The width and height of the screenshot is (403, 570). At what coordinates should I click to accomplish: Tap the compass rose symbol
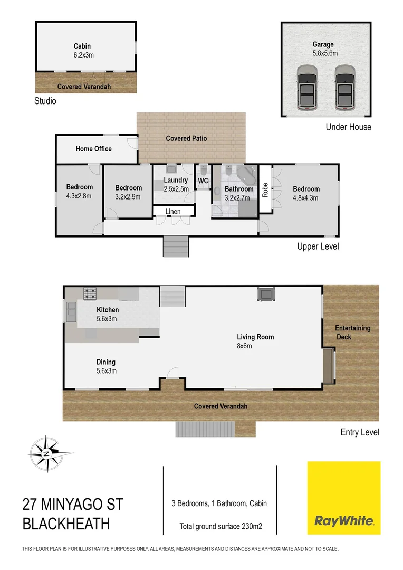click(47, 453)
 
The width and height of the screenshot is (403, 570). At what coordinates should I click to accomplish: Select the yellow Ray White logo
click(344, 498)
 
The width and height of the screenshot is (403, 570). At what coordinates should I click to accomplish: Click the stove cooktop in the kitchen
click(90, 293)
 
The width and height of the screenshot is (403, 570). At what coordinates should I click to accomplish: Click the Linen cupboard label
click(173, 212)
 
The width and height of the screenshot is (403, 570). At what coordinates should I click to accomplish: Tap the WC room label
click(203, 181)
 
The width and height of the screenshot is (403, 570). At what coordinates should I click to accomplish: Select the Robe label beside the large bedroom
click(265, 189)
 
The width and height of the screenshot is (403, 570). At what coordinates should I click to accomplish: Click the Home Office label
click(94, 149)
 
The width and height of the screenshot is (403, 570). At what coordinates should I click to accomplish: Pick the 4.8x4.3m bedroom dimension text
click(306, 198)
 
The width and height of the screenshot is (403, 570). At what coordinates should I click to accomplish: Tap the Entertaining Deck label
click(353, 332)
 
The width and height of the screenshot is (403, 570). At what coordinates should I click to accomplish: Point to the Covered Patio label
click(186, 138)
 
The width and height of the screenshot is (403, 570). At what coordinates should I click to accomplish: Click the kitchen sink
click(71, 312)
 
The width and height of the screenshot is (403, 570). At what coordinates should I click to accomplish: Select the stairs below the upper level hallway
click(175, 246)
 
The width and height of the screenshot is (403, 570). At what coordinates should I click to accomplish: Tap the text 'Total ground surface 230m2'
click(221, 526)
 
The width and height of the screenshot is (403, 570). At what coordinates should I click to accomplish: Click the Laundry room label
click(176, 180)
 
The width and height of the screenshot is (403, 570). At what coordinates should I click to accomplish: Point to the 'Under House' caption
click(348, 127)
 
